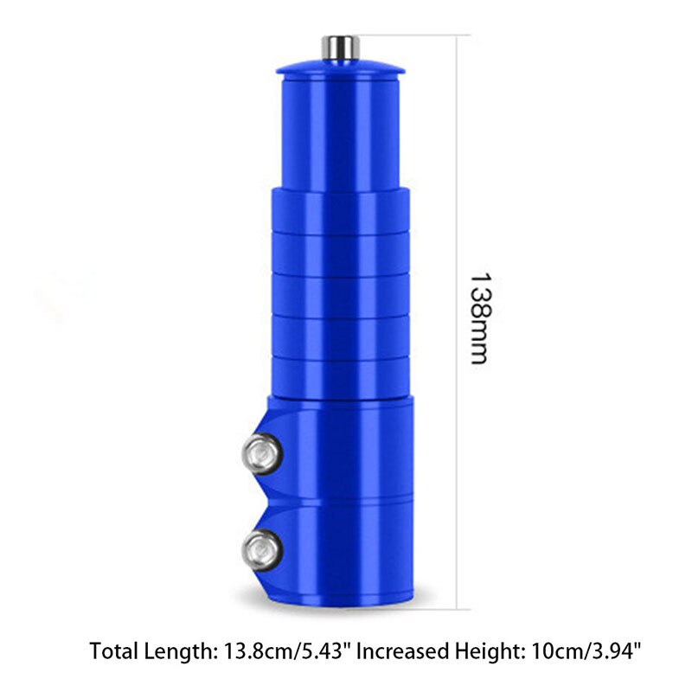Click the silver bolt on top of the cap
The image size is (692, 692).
(340, 47)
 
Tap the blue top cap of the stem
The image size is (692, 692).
(340, 67)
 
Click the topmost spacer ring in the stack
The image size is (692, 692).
(340, 208)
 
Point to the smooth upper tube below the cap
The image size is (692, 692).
(340, 130)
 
